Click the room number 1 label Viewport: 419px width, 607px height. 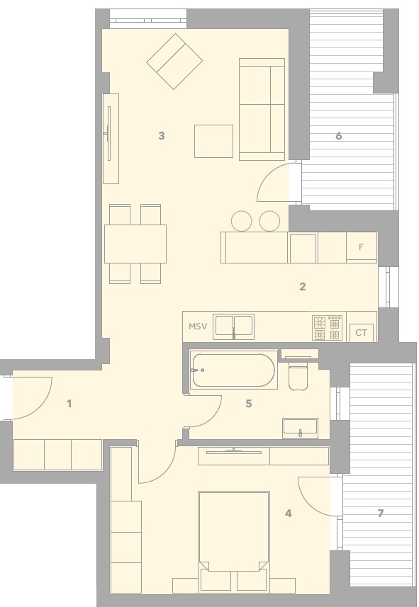[x=69, y=404]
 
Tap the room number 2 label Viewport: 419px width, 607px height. [x=302, y=286]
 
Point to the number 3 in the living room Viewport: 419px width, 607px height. [x=162, y=136]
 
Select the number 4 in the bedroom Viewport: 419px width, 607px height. [x=289, y=514]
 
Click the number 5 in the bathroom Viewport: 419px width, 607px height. [x=249, y=404]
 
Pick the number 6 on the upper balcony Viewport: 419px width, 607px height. [x=339, y=136]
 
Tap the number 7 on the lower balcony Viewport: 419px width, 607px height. [x=380, y=514]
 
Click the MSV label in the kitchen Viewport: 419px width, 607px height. [x=198, y=327]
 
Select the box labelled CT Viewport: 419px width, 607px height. [x=362, y=333]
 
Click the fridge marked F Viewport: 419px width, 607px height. [x=362, y=247]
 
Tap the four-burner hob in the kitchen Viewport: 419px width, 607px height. [x=327, y=328]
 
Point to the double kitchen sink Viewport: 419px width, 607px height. [x=234, y=327]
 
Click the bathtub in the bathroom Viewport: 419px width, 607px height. [x=234, y=370]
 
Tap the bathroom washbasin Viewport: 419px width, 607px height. [x=301, y=428]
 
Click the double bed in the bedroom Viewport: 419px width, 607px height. [x=234, y=531]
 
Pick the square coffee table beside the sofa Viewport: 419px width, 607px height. [x=213, y=141]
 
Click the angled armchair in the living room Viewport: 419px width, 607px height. [x=174, y=62]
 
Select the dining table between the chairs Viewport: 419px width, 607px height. [x=135, y=244]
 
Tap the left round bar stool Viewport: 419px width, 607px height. [x=241, y=221]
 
